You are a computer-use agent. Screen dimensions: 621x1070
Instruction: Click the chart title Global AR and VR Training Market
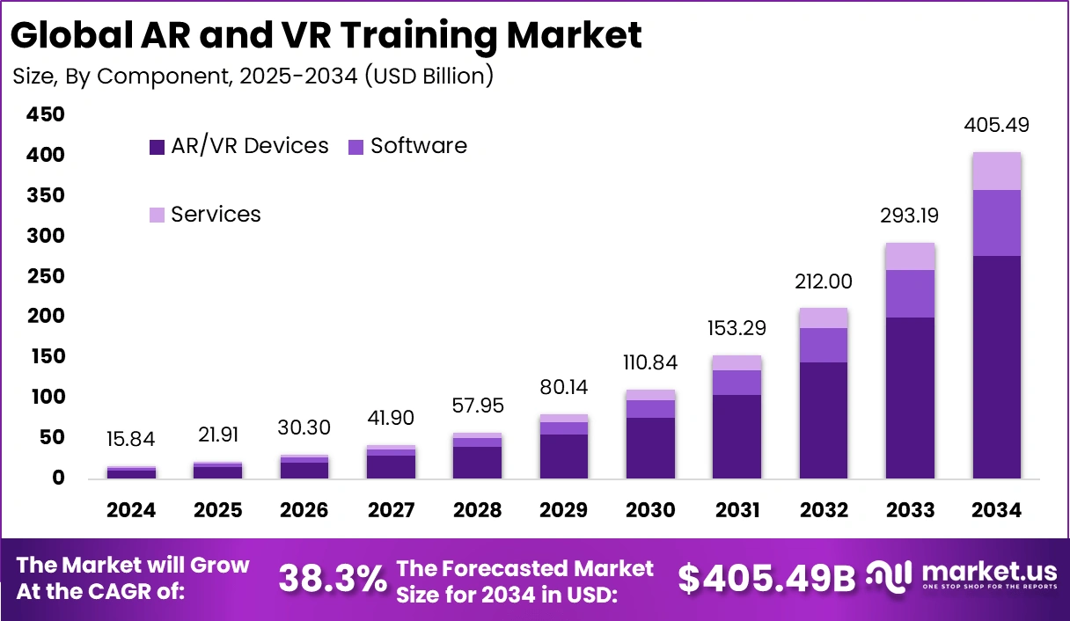click(326, 35)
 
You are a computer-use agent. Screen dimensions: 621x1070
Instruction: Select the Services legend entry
click(206, 215)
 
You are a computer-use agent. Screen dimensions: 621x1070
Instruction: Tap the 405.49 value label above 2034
click(997, 125)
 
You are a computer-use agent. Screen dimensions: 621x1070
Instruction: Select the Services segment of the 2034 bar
click(997, 172)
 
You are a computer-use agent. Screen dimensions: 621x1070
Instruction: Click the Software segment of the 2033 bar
click(911, 294)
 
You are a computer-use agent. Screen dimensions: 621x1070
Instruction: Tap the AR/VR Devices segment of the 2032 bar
click(824, 420)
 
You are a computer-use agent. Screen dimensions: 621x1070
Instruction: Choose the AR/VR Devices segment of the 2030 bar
click(650, 448)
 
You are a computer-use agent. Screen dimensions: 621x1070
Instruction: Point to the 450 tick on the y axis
click(46, 114)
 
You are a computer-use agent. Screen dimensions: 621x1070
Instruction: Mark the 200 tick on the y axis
click(46, 316)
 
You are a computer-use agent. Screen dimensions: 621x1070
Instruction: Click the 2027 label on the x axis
click(391, 510)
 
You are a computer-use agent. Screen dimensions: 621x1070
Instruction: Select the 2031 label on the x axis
click(737, 510)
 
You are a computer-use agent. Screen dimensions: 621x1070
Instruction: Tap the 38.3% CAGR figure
click(333, 578)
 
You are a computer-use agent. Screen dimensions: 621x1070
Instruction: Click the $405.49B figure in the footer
click(766, 578)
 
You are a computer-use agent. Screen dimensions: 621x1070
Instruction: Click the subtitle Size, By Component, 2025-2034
click(253, 77)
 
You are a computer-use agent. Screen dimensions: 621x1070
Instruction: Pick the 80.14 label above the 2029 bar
click(564, 388)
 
